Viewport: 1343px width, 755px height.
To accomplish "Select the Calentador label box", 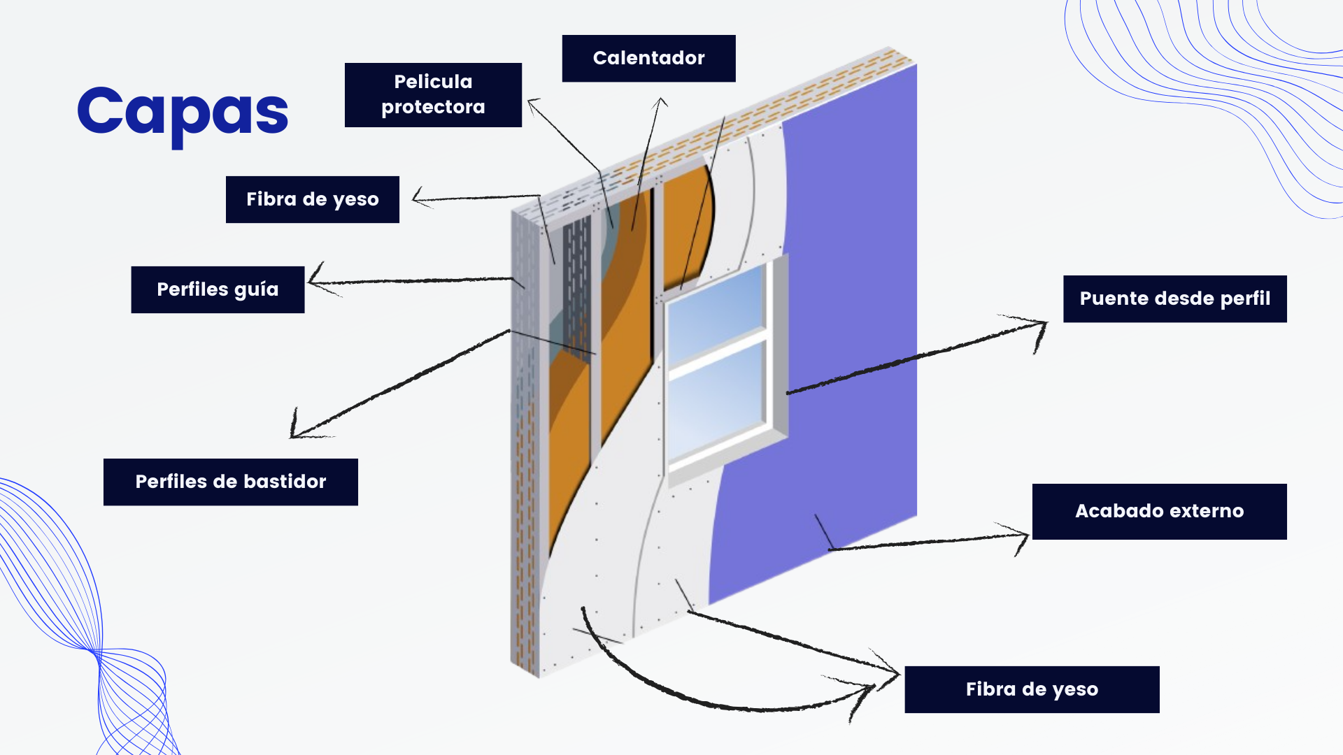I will [648, 59].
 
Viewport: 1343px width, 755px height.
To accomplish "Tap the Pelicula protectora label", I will [433, 95].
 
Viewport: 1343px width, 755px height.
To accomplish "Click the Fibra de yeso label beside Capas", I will [312, 200].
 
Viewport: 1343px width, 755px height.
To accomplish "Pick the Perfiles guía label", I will [218, 289].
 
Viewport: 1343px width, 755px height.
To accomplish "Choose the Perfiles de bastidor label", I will [230, 482].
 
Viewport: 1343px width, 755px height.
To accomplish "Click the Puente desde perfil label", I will [1174, 299].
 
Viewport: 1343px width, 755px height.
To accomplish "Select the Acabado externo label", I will [1159, 511].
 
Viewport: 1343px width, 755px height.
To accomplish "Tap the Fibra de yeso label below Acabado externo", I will [1032, 689].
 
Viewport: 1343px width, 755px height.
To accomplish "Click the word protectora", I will [433, 107].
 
